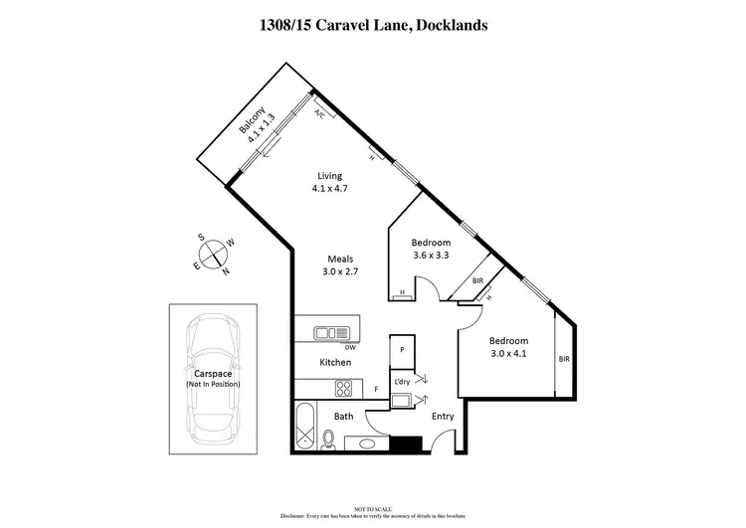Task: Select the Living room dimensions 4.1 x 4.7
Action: tap(329, 188)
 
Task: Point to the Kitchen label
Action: tap(336, 363)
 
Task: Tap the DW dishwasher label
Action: tap(350, 348)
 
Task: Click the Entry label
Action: tap(442, 416)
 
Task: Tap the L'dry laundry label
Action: tap(402, 382)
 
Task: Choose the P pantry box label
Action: tap(402, 350)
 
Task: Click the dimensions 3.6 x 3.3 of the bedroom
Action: tap(431, 256)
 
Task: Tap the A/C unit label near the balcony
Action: tap(320, 113)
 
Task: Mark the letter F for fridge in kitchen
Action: tap(376, 389)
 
